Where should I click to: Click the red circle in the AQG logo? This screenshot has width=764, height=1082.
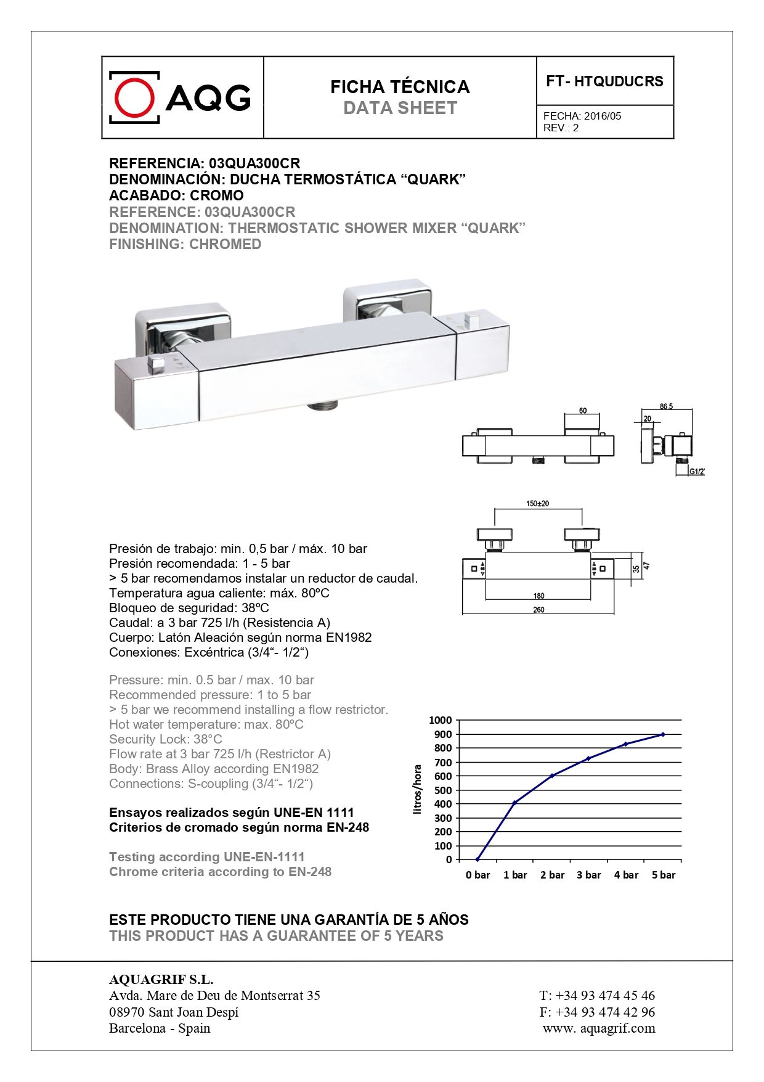click(x=134, y=97)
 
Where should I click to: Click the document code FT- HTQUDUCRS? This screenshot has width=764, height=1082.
click(x=604, y=81)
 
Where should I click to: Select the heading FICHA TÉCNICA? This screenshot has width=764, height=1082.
click(x=400, y=87)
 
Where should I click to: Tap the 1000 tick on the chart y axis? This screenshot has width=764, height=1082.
click(x=441, y=720)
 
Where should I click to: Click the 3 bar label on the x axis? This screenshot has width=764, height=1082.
click(x=588, y=875)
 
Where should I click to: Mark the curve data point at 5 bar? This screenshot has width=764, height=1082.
click(x=663, y=734)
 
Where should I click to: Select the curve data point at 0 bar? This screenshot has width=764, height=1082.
click(x=477, y=859)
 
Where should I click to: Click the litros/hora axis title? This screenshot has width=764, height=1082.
click(x=418, y=790)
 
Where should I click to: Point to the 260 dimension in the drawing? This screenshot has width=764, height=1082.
click(x=538, y=610)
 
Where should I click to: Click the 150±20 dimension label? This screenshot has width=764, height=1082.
click(x=537, y=504)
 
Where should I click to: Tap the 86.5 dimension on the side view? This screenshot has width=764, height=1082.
click(x=666, y=406)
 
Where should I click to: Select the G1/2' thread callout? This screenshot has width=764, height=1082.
click(x=696, y=472)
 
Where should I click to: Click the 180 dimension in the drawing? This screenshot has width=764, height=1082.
click(x=538, y=596)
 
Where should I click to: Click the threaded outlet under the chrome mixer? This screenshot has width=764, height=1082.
click(x=322, y=406)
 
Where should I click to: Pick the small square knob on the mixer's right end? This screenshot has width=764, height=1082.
click(x=473, y=320)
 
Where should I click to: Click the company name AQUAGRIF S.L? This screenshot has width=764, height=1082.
click(x=161, y=980)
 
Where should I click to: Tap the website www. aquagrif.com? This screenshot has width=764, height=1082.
click(x=599, y=1028)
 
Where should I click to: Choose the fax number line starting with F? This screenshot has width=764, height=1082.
click(x=596, y=1012)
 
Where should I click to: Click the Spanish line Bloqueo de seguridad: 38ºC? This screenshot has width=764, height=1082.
click(x=189, y=608)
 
